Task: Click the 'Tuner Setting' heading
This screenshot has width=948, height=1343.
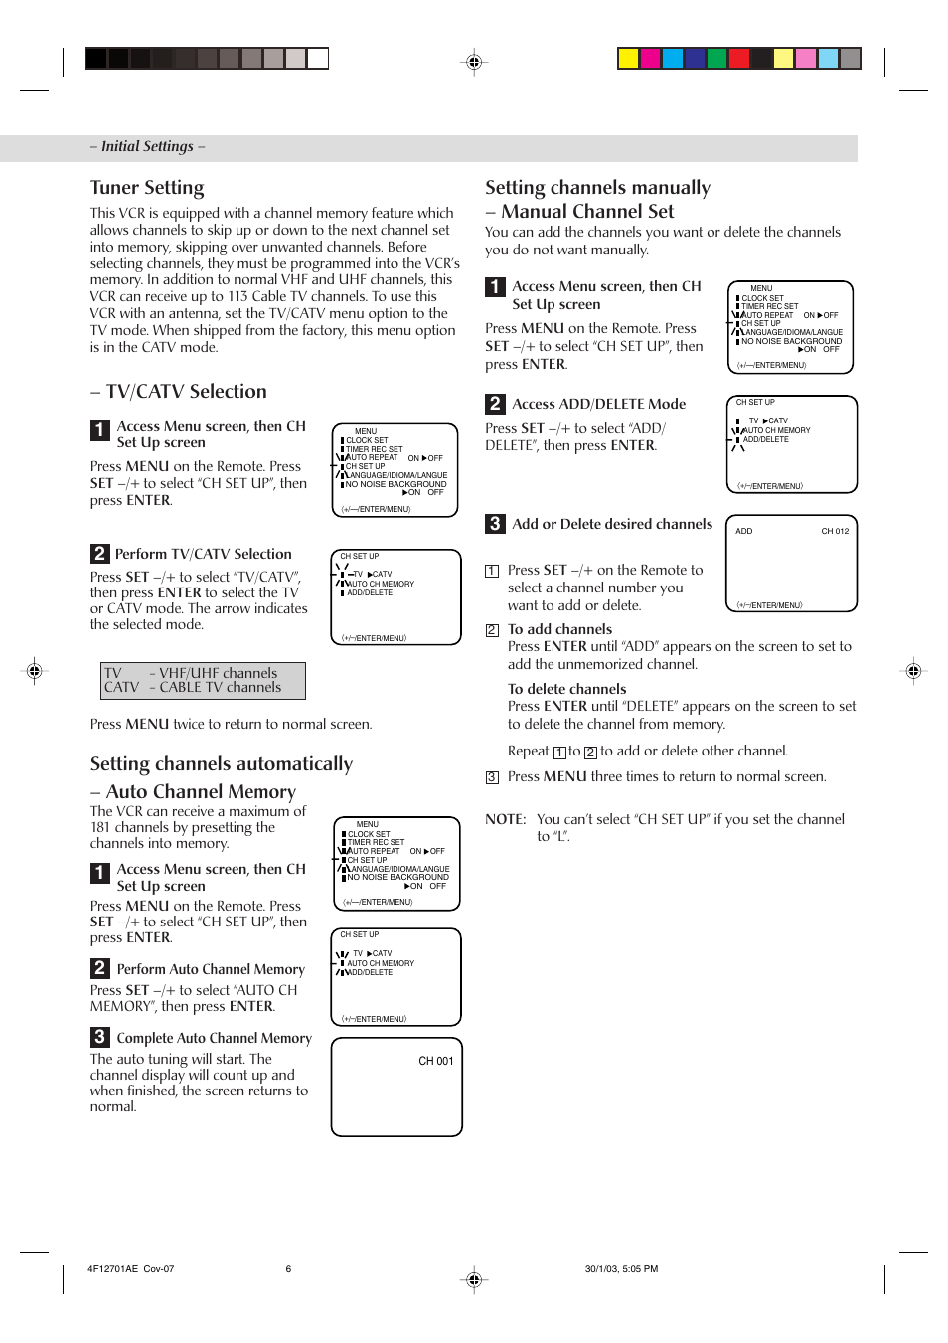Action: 147,188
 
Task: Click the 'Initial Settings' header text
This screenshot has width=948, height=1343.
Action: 147,146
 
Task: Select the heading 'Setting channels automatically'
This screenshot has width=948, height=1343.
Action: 222,763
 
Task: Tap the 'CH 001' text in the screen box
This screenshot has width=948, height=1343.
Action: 435,1061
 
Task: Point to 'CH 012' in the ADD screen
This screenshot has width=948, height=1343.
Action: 835,531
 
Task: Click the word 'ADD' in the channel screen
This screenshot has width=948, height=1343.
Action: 744,531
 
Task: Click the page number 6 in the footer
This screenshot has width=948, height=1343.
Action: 289,1268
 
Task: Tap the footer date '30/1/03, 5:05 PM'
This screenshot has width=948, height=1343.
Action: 621,1268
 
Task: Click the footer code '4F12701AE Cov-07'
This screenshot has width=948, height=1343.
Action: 130,1268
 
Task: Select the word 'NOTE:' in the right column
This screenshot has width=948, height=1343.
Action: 506,819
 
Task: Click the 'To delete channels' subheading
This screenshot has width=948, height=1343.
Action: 566,689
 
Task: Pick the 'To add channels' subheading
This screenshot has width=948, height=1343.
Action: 559,629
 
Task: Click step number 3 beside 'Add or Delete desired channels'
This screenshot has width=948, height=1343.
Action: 495,524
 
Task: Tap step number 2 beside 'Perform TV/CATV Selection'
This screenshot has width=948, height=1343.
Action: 99,554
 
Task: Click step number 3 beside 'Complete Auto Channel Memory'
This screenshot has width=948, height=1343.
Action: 99,1037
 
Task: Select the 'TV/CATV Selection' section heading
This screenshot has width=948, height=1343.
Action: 187,391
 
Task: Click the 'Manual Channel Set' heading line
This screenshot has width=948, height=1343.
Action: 587,211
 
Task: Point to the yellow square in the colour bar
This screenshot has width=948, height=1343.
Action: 628,58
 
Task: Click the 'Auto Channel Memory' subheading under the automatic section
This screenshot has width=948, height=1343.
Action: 201,791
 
